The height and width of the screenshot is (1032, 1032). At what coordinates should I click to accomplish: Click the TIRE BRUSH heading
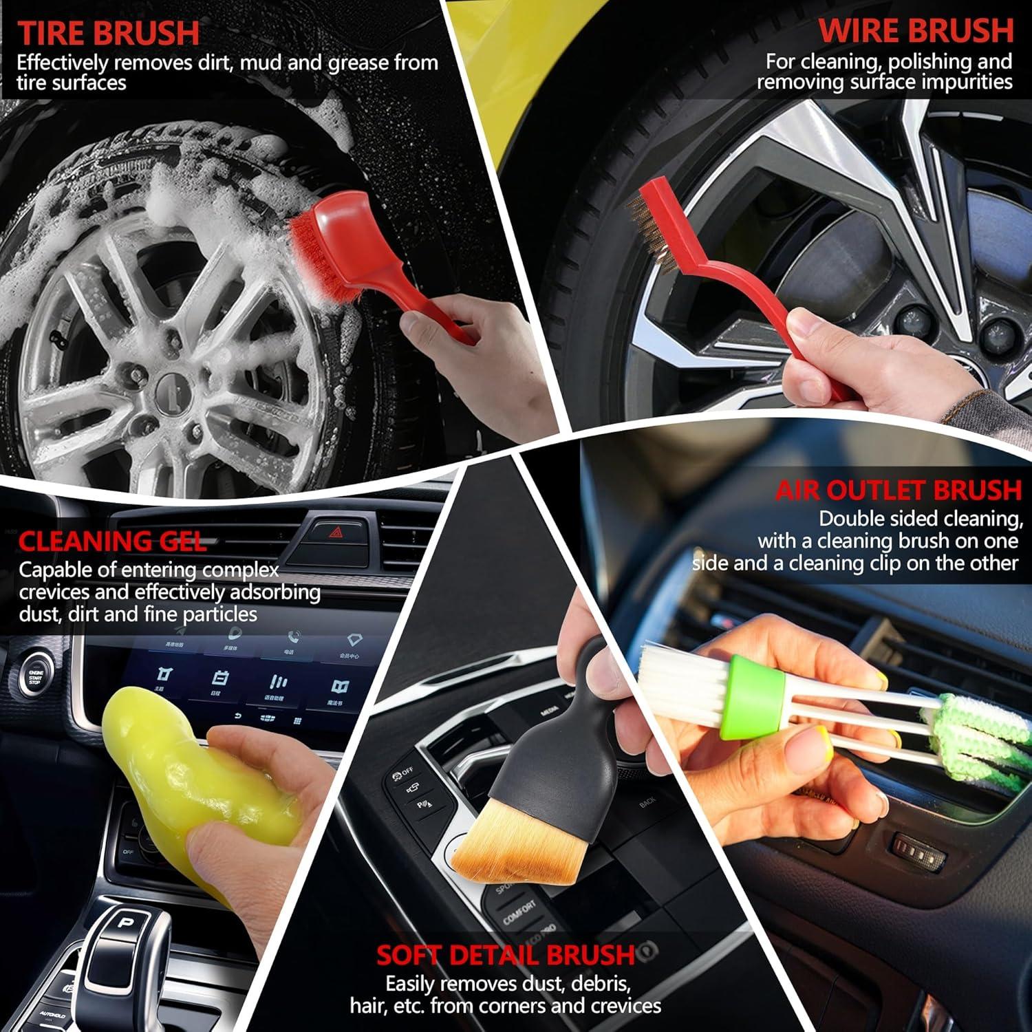click(109, 33)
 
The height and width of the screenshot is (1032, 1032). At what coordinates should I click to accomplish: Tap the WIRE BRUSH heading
click(916, 31)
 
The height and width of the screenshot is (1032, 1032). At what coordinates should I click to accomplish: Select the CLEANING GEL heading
click(112, 541)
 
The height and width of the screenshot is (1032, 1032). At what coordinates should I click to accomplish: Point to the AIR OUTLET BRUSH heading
click(899, 490)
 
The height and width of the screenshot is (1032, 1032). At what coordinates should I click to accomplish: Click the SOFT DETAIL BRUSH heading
click(505, 955)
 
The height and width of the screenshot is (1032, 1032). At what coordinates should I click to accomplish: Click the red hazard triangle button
click(336, 531)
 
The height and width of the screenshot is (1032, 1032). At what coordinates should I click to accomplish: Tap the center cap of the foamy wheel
click(168, 390)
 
